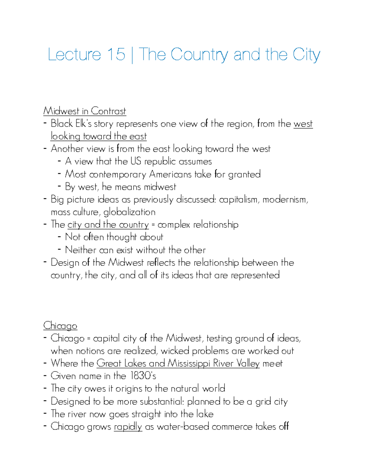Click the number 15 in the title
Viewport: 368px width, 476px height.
(x=116, y=55)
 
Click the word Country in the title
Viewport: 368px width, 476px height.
(x=199, y=55)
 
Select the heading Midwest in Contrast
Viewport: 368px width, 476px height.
(x=85, y=111)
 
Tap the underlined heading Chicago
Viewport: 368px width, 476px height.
(x=60, y=326)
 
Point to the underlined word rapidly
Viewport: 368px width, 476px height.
(x=128, y=427)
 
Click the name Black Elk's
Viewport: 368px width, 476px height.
(x=71, y=124)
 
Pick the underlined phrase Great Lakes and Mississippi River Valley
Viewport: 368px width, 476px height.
(x=178, y=364)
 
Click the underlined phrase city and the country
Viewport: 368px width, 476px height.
(x=108, y=225)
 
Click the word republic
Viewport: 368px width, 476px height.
(x=160, y=162)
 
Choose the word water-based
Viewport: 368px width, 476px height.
(x=183, y=427)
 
